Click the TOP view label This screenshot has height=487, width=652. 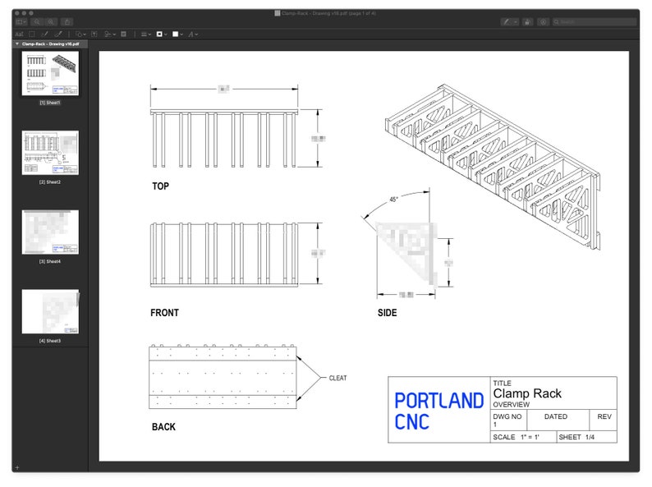(x=160, y=186)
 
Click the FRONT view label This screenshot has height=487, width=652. (x=164, y=313)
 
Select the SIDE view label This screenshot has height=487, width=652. (x=387, y=313)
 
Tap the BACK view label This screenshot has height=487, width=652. (x=163, y=427)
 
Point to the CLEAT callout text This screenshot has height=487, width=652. (x=337, y=379)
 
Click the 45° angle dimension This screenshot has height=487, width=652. (x=393, y=200)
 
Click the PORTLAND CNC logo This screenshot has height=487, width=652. (x=438, y=411)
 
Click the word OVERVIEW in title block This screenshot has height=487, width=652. (x=511, y=405)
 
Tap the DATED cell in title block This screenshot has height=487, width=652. (x=555, y=417)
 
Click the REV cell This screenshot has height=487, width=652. (x=604, y=417)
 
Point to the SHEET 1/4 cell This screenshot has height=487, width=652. (x=576, y=437)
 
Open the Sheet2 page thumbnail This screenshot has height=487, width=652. (x=50, y=153)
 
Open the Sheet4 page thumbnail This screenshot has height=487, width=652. (x=50, y=232)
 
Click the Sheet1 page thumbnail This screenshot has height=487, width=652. (x=50, y=74)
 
